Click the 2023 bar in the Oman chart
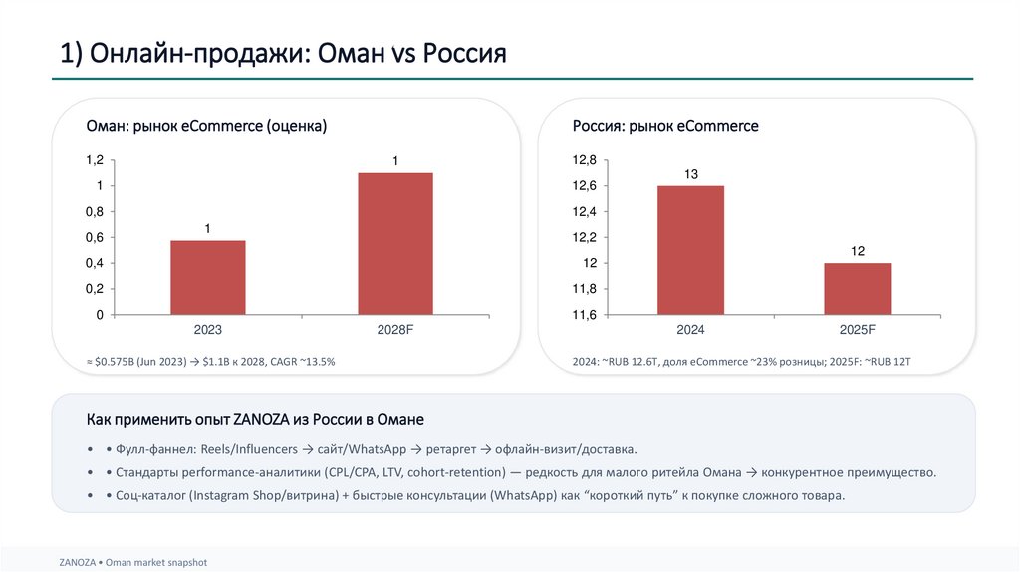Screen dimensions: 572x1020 pyautogui.click(x=207, y=278)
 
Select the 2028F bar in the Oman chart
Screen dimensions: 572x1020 pyautogui.click(x=395, y=244)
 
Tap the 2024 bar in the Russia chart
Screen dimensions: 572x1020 pyautogui.click(x=690, y=250)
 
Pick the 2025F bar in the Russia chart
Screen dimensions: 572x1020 pyautogui.click(x=857, y=289)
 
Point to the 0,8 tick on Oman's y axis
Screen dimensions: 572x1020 pyautogui.click(x=94, y=212)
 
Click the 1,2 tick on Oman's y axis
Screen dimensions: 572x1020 pyautogui.click(x=94, y=160)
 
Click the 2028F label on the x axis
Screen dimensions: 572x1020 pyautogui.click(x=395, y=330)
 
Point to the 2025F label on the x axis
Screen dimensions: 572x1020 pyautogui.click(x=857, y=330)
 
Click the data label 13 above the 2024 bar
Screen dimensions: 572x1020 pyautogui.click(x=690, y=174)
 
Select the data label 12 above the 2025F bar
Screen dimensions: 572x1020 pyautogui.click(x=857, y=252)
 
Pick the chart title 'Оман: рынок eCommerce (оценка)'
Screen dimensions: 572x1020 pyautogui.click(x=206, y=126)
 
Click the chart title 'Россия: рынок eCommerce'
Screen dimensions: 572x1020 pyautogui.click(x=665, y=126)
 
